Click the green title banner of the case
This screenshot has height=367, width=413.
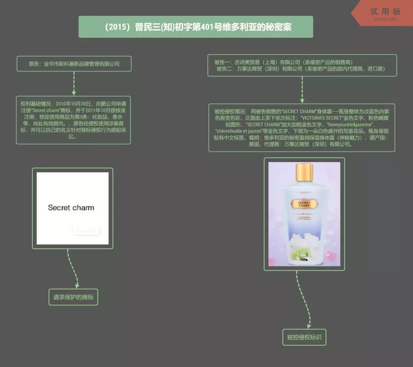coord(196,27)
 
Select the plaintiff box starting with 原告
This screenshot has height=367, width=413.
coord(74,64)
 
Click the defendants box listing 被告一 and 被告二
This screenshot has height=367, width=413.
coord(302,65)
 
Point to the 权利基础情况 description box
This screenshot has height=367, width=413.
coord(73,120)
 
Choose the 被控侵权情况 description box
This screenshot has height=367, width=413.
coord(302,128)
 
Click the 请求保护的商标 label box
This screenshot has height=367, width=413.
coord(73,297)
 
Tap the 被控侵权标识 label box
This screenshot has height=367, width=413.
coord(304,337)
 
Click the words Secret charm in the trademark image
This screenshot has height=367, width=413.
coord(71,208)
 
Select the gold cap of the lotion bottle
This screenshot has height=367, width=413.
coord(304,172)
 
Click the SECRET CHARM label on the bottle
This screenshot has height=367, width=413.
coord(304,203)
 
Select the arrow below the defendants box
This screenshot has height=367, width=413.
coord(302,90)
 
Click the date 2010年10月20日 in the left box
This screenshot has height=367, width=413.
coord(73,104)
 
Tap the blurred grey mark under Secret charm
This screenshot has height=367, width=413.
coord(86,229)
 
